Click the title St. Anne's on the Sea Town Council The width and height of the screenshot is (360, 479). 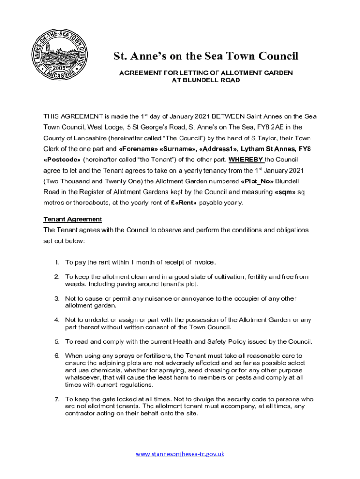coord(206,57)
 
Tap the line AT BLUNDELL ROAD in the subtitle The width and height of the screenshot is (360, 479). coord(206,80)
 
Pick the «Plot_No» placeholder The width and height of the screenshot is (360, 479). coord(257,181)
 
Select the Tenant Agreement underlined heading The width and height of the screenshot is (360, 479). coord(72,219)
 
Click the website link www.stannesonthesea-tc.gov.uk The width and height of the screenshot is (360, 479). coord(180,454)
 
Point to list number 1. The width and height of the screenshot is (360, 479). coord(57,262)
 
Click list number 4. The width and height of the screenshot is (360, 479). coord(57,320)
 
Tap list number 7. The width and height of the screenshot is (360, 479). coord(57,399)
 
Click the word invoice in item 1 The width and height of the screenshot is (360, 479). coord(203,262)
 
